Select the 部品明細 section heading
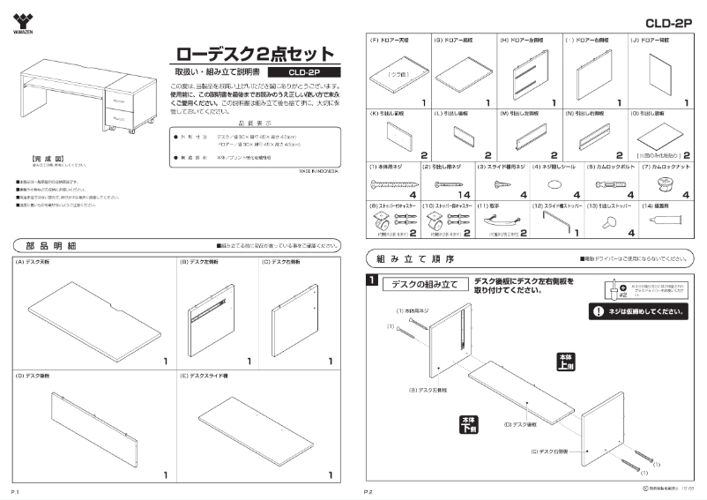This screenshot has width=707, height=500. point(54,244)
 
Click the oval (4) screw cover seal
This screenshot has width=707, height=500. point(555,183)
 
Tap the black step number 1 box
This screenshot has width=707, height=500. point(374,281)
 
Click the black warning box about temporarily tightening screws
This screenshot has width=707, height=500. point(637,312)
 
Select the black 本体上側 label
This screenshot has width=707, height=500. point(566,360)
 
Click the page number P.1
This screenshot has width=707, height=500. point(16,489)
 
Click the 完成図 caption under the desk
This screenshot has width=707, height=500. point(33,159)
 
